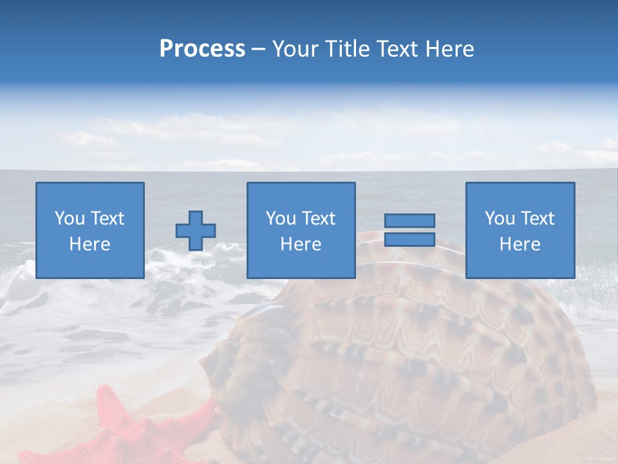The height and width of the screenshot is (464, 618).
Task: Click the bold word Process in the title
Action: pos(202,49)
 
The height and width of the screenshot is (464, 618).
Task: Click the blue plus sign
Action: pos(196,231)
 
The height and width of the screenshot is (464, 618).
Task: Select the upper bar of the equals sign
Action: pos(409,221)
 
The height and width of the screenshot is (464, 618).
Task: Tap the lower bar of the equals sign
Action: pos(409,239)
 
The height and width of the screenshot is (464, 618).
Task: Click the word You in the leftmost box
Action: pos(68,218)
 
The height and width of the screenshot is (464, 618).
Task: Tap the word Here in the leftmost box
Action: pos(90,244)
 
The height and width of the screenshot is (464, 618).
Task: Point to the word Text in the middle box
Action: pos(318,218)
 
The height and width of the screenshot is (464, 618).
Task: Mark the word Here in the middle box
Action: pos(301,244)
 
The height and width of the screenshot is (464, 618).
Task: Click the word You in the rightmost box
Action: pos(500,218)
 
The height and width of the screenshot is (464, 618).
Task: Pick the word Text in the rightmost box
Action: pos(537,218)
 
